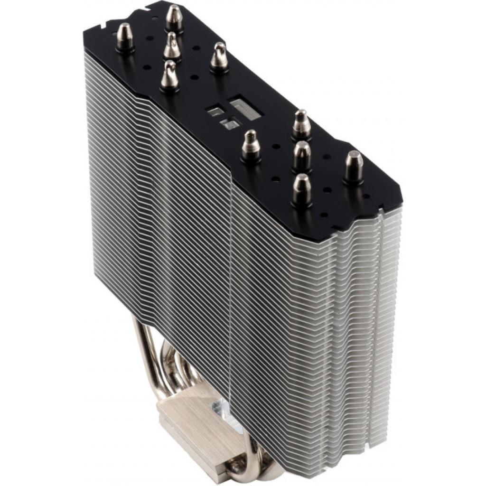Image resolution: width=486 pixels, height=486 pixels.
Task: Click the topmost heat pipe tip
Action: pyautogui.click(x=174, y=18)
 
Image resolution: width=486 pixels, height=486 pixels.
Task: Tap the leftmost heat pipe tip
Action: pyautogui.click(x=125, y=37)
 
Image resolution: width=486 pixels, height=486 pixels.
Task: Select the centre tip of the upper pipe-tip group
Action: pyautogui.click(x=172, y=47)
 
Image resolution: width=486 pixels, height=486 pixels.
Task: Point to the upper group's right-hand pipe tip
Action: pyautogui.click(x=219, y=56)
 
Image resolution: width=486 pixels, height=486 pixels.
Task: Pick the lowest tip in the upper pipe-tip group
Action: pyautogui.click(x=169, y=75)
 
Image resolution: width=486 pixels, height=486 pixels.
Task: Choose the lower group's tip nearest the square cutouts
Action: pyautogui.click(x=251, y=146)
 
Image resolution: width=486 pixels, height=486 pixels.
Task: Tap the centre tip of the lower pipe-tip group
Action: pyautogui.click(x=302, y=156)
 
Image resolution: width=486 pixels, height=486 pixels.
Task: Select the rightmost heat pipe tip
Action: pyautogui.click(x=353, y=167)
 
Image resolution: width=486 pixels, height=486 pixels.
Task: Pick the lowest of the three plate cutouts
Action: pyautogui.click(x=229, y=124)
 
